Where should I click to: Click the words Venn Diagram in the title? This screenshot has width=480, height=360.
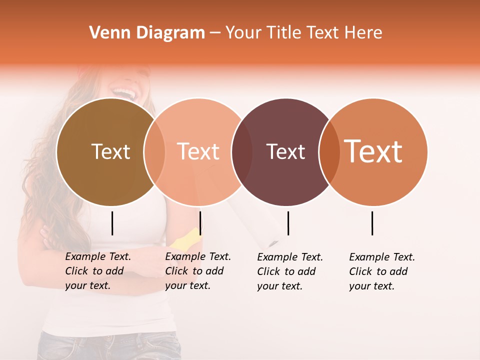coord(147,33)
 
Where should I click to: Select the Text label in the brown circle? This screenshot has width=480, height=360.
coord(110,151)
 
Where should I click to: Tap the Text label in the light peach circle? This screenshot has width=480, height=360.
coord(198,151)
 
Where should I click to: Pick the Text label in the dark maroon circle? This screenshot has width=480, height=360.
coord(285,151)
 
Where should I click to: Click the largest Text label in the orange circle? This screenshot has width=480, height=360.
coord(373,151)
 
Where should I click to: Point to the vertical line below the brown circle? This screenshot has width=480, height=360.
coord(112,223)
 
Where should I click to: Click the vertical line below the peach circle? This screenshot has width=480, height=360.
coord(200,223)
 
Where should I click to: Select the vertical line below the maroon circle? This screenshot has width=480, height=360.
coord(288,223)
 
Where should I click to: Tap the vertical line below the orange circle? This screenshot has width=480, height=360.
coord(372,223)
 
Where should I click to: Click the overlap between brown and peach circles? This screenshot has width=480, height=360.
coord(154,152)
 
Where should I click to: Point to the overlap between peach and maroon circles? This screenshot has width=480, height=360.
coord(242,152)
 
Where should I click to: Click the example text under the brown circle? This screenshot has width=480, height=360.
coord(98,271)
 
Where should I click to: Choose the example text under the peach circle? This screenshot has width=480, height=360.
coord(198,271)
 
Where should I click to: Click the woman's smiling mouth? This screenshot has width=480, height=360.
coord(125,92)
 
